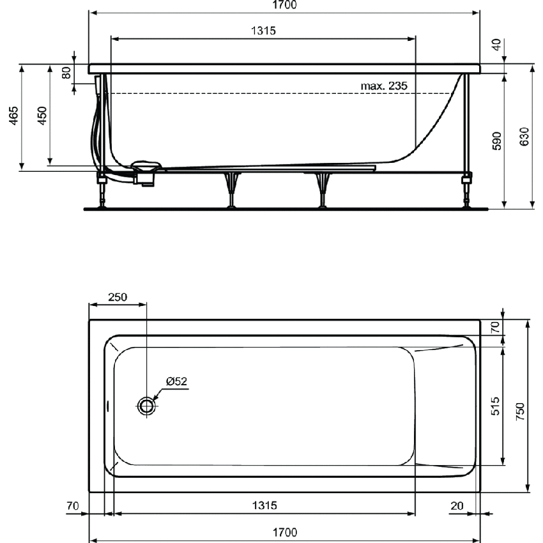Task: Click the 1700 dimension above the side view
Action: pyautogui.click(x=284, y=5)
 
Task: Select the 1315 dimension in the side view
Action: pyautogui.click(x=263, y=31)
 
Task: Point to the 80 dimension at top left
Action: pyautogui.click(x=66, y=72)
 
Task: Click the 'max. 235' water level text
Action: pyautogui.click(x=384, y=86)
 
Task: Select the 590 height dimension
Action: pyautogui.click(x=498, y=140)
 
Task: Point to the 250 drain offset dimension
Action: pyautogui.click(x=118, y=297)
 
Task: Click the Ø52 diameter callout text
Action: pyautogui.click(x=176, y=381)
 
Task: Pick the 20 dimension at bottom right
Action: pyautogui.click(x=456, y=505)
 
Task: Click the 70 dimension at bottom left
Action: pyautogui.click(x=73, y=505)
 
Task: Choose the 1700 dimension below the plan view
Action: pyautogui.click(x=284, y=532)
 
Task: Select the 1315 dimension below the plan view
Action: pyautogui.click(x=263, y=505)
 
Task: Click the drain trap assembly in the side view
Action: pyautogui.click(x=145, y=173)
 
